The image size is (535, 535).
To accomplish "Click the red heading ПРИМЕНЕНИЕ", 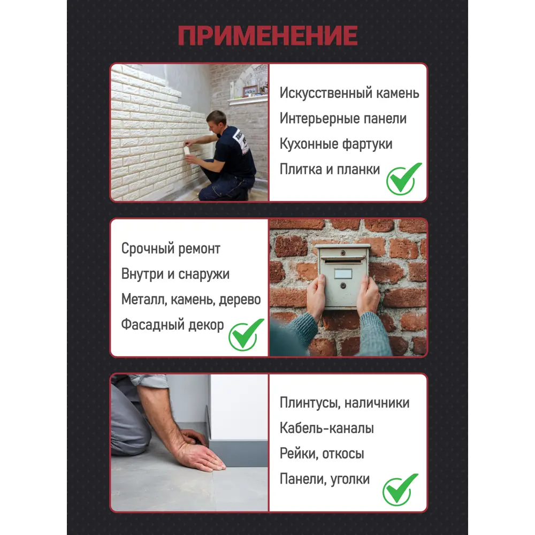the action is click(268, 35).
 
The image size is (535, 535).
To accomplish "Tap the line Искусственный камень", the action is click(349, 93).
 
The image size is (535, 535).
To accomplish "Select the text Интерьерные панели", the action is click(343, 118).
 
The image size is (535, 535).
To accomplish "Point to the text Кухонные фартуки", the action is click(336, 143).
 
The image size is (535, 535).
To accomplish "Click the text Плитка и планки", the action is click(330, 169).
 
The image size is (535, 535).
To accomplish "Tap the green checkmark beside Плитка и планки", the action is click(403, 179).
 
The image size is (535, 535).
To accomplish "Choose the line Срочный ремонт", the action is click(171, 249).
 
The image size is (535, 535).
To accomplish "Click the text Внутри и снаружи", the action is click(175, 274).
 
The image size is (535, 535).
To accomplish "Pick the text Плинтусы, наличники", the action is click(344, 403).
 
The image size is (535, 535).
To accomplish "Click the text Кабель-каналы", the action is click(326, 428).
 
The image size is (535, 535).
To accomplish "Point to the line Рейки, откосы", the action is click(322, 454).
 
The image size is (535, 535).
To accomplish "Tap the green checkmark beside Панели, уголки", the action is click(400, 490).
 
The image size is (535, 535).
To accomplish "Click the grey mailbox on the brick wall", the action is click(342, 276).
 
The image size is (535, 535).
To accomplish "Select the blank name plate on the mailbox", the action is click(343, 273).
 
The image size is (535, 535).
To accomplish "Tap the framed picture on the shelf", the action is click(250, 90).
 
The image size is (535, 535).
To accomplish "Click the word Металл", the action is click(144, 300).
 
